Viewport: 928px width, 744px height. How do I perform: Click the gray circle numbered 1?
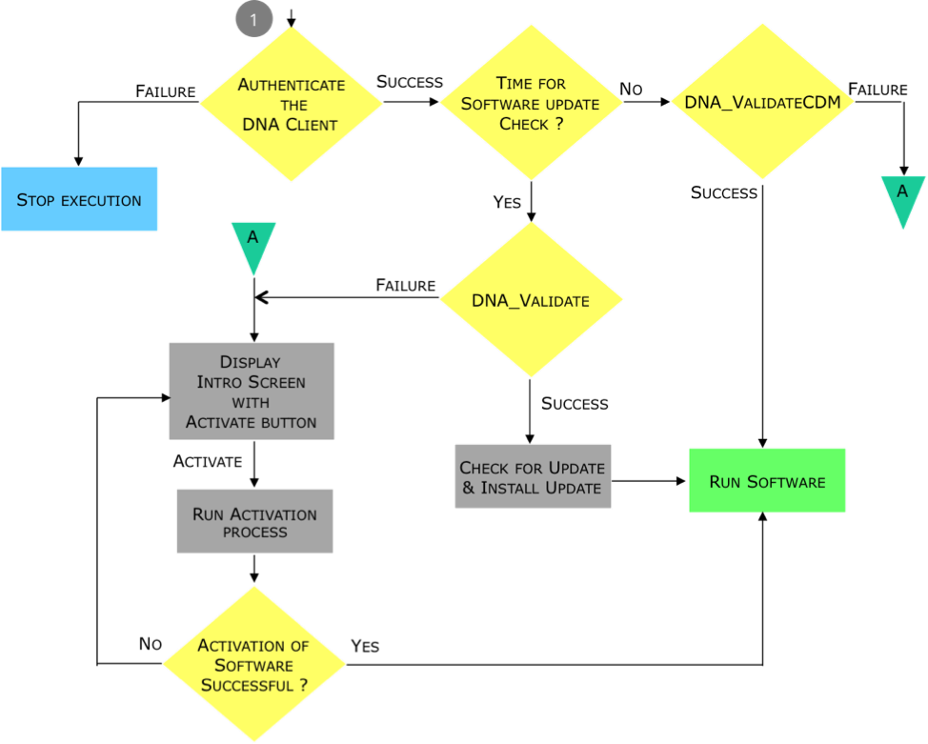pyautogui.click(x=253, y=19)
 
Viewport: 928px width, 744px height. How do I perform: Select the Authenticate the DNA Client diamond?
pyautogui.click(x=292, y=104)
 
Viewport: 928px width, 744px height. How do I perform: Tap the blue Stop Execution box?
pyautogui.click(x=79, y=199)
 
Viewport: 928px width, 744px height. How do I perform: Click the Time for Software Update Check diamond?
pyautogui.click(x=531, y=102)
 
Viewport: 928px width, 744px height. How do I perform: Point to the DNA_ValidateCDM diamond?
pyautogui.click(x=762, y=101)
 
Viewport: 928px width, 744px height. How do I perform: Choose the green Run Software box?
pyautogui.click(x=767, y=481)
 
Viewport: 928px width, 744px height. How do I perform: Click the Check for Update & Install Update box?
pyautogui.click(x=533, y=476)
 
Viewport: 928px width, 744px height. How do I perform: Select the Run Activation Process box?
pyautogui.click(x=254, y=521)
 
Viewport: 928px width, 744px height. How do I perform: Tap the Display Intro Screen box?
pyautogui.click(x=252, y=392)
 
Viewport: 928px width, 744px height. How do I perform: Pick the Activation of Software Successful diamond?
pyautogui.click(x=253, y=664)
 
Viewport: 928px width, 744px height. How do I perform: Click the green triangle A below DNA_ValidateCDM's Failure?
pyautogui.click(x=902, y=199)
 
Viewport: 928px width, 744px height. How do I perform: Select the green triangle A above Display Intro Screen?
pyautogui.click(x=253, y=245)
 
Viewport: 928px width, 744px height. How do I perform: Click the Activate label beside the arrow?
pyautogui.click(x=208, y=461)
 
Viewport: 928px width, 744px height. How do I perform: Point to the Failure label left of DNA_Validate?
pyautogui.click(x=406, y=285)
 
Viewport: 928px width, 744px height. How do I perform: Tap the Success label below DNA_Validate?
pyautogui.click(x=575, y=404)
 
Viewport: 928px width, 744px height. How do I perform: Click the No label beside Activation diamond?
pyautogui.click(x=151, y=643)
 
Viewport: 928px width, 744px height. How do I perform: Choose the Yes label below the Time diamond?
pyautogui.click(x=507, y=202)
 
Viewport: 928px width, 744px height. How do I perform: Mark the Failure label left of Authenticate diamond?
pyautogui.click(x=166, y=91)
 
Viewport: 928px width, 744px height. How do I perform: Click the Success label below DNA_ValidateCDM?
pyautogui.click(x=724, y=193)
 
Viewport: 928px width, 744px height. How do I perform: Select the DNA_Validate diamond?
pyautogui.click(x=531, y=299)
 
